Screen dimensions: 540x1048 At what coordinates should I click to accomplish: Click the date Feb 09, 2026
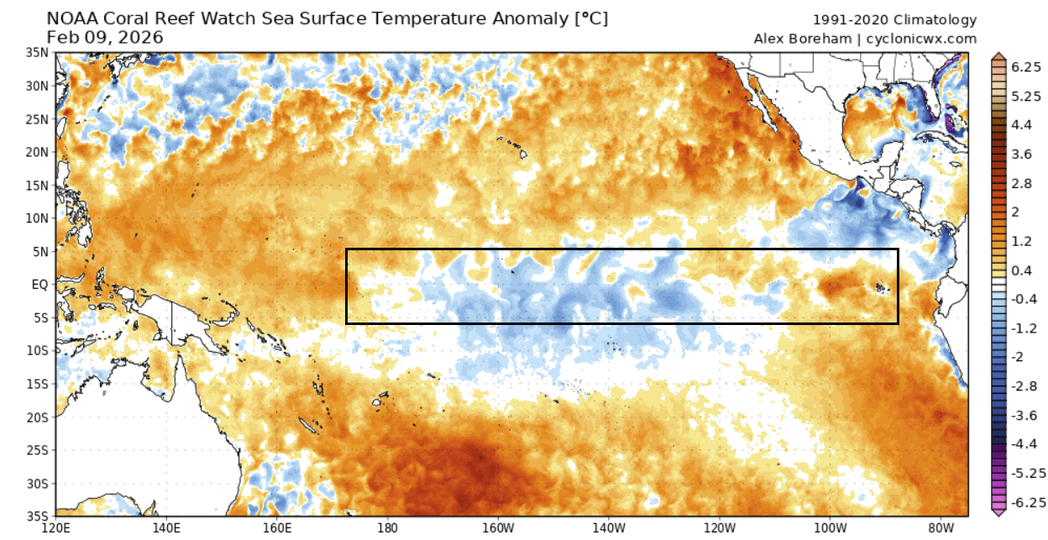click(105, 37)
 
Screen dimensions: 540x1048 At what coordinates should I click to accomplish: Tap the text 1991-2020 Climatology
click(895, 20)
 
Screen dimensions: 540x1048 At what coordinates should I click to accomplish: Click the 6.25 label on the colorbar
click(1026, 68)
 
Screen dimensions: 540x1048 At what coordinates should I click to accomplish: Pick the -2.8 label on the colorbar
click(1022, 385)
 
